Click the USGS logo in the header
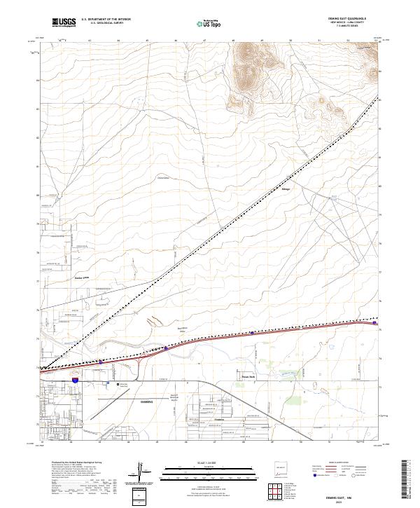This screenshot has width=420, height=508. [64, 22]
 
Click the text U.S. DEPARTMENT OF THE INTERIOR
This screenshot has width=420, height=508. [105, 20]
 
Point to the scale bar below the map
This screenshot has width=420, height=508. [210, 471]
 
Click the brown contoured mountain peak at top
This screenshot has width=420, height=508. [248, 56]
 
